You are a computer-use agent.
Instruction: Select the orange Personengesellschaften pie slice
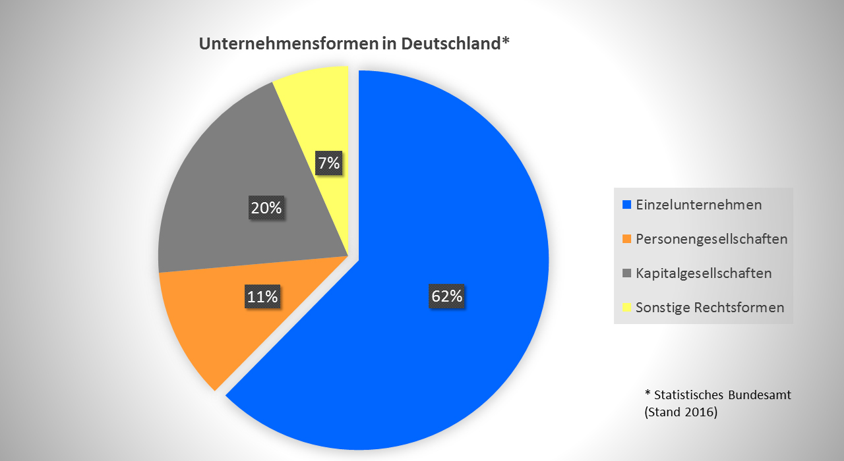218,329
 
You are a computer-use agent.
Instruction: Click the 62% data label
446,296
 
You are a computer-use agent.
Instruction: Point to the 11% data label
262,296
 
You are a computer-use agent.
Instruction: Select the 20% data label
266,208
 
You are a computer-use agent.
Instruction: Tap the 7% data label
328,163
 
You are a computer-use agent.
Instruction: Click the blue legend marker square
626,205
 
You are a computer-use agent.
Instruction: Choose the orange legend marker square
626,239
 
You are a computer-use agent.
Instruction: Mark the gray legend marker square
626,273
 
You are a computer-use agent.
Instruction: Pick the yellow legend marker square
626,308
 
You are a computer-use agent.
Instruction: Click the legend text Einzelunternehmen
699,205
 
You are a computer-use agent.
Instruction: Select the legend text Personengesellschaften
711,239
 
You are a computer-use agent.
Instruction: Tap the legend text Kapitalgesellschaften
704,273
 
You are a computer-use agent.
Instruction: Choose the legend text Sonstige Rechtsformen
709,308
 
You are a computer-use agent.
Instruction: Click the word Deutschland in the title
453,44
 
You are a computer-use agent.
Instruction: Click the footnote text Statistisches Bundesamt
723,395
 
